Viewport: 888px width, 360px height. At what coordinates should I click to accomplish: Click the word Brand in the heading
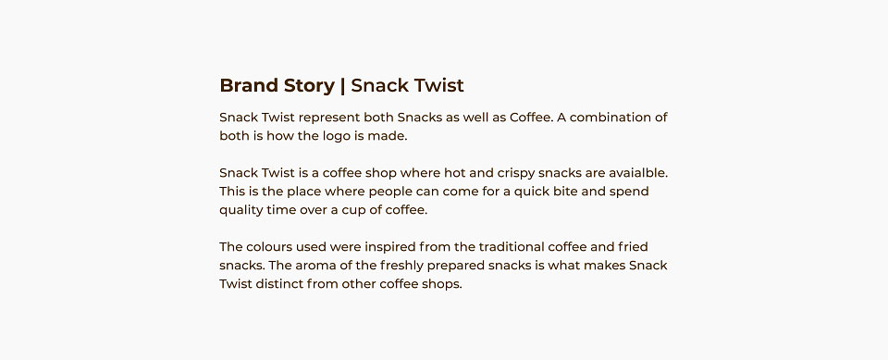249,85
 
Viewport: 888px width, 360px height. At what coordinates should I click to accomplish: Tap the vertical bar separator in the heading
342,86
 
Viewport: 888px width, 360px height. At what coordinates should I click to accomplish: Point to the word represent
329,118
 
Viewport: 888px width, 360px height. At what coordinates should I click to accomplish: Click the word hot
454,172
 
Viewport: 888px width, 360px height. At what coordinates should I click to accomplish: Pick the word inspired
389,248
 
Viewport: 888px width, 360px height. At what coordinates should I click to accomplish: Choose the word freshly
401,266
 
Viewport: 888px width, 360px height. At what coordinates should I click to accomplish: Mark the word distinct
279,284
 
